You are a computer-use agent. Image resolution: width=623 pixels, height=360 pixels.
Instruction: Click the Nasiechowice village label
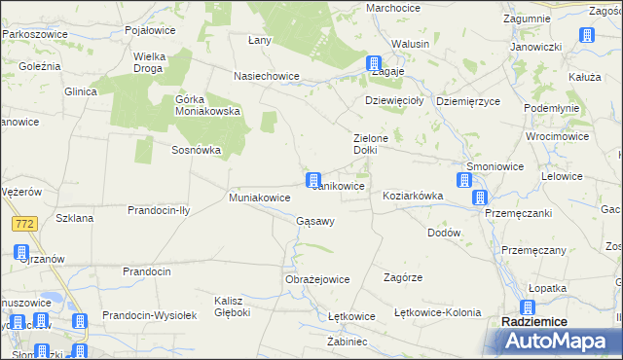pyautogui.click(x=263, y=75)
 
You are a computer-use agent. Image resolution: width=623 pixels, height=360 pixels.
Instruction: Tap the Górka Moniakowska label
pyautogui.click(x=207, y=104)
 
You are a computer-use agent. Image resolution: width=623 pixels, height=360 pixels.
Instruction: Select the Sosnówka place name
pyautogui.click(x=197, y=151)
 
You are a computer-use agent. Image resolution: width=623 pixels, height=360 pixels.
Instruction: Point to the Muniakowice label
pyautogui.click(x=260, y=198)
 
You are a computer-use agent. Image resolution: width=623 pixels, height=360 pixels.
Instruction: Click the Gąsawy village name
pyautogui.click(x=315, y=221)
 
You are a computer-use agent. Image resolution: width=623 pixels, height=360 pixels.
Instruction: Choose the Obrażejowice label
pyautogui.click(x=316, y=279)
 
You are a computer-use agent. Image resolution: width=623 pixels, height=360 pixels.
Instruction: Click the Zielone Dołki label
pyautogui.click(x=370, y=144)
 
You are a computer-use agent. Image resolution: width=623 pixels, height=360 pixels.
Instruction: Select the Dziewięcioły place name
pyautogui.click(x=392, y=100)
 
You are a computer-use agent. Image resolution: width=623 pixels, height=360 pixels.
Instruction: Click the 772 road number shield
pyautogui.click(x=25, y=225)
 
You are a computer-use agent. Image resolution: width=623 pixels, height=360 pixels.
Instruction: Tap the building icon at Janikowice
pyautogui.click(x=313, y=180)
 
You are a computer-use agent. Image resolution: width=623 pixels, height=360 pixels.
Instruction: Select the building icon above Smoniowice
pyautogui.click(x=464, y=180)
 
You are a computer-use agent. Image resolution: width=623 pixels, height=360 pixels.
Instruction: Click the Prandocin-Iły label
pyautogui.click(x=164, y=210)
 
